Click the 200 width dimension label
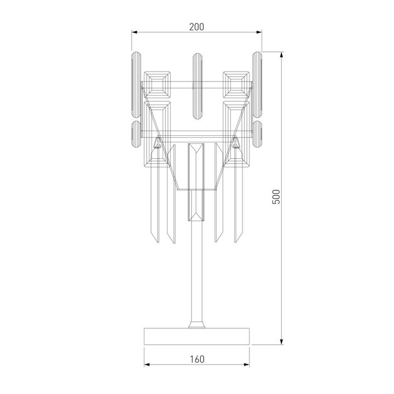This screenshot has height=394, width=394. coord(197,27)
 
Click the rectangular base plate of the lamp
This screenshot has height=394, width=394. coord(197,336)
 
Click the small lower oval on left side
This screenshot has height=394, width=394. coord(135,134)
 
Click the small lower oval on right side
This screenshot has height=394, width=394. coord(258,134)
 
